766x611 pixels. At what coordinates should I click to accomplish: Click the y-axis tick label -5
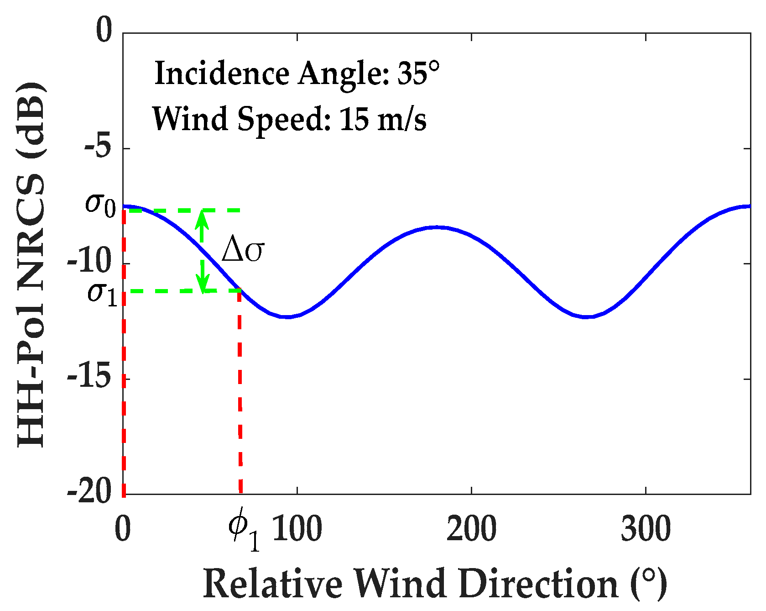coord(98,148)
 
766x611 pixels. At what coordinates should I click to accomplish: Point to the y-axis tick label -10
coord(89,263)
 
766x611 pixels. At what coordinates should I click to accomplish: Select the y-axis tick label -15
coord(89,378)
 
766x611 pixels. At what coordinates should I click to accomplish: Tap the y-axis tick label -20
coord(89,493)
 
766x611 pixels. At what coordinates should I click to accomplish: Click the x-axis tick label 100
coord(297,528)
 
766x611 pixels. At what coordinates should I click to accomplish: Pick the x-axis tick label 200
coord(471,528)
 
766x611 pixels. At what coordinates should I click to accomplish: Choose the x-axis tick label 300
coord(646,528)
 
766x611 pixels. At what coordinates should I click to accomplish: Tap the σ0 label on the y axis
coord(100,204)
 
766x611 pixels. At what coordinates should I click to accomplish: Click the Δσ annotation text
coord(243,251)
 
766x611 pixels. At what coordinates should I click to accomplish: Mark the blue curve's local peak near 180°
coord(437,226)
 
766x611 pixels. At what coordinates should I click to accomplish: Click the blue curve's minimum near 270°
coord(587,316)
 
